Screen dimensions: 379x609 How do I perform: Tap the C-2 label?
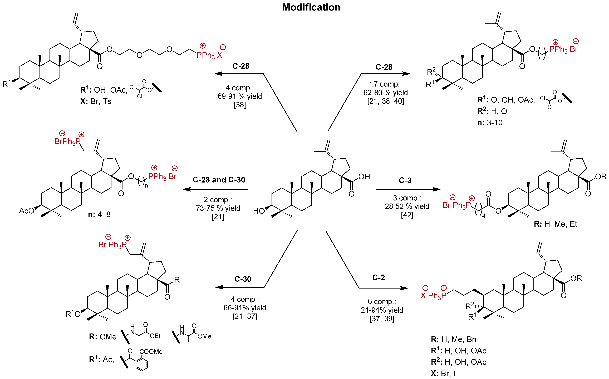[378, 277]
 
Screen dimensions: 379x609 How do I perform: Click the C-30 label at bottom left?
[243, 279]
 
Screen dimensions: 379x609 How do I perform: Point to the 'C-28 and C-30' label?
[219, 180]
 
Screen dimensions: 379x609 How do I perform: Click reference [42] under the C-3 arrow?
[407, 215]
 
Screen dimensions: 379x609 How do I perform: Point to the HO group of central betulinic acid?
[259, 211]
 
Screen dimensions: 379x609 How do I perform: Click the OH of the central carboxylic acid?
[364, 177]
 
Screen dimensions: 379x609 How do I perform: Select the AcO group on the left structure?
[27, 211]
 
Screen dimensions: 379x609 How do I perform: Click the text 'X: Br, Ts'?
[96, 102]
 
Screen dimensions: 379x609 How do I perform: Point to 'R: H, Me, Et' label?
[555, 224]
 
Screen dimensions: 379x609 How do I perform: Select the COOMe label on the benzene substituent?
[151, 352]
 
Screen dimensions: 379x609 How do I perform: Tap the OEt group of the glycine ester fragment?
[155, 336]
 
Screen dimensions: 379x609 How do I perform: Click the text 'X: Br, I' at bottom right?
[443, 373]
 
